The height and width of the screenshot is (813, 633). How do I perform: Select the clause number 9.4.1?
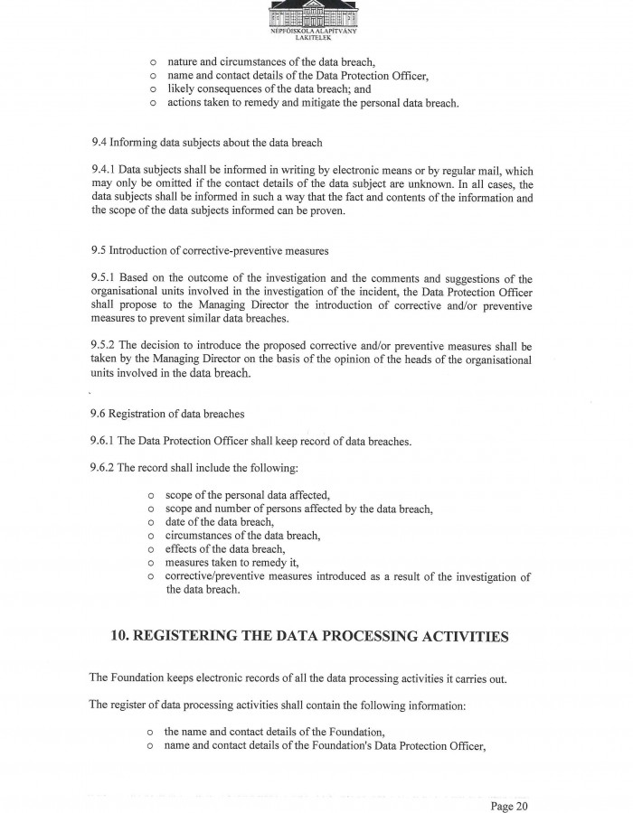(x=103, y=170)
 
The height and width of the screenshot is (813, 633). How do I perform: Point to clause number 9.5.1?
(x=103, y=279)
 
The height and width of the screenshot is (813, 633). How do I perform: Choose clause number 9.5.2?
(x=103, y=346)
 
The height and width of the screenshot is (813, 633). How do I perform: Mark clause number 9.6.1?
(x=103, y=442)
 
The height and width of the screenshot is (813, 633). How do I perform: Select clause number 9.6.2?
(x=103, y=468)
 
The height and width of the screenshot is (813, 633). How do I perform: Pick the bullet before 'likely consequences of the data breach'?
(x=154, y=89)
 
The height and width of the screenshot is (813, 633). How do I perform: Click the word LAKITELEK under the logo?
(x=316, y=39)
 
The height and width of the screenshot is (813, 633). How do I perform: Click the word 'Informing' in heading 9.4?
(x=138, y=143)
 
